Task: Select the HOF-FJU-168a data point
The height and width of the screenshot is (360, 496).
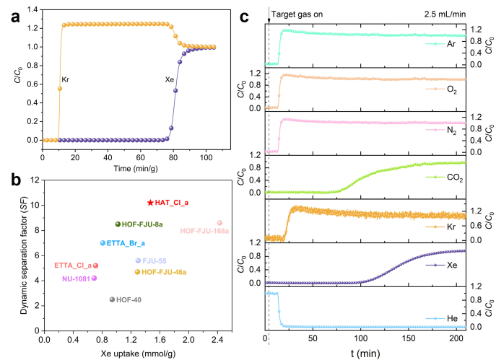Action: pyautogui.click(x=219, y=223)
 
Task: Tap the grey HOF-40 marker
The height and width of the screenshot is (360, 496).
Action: pyautogui.click(x=112, y=299)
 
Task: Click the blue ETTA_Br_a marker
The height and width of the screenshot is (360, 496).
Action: pyautogui.click(x=103, y=243)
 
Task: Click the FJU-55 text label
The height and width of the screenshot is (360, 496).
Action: pyautogui.click(x=155, y=260)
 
